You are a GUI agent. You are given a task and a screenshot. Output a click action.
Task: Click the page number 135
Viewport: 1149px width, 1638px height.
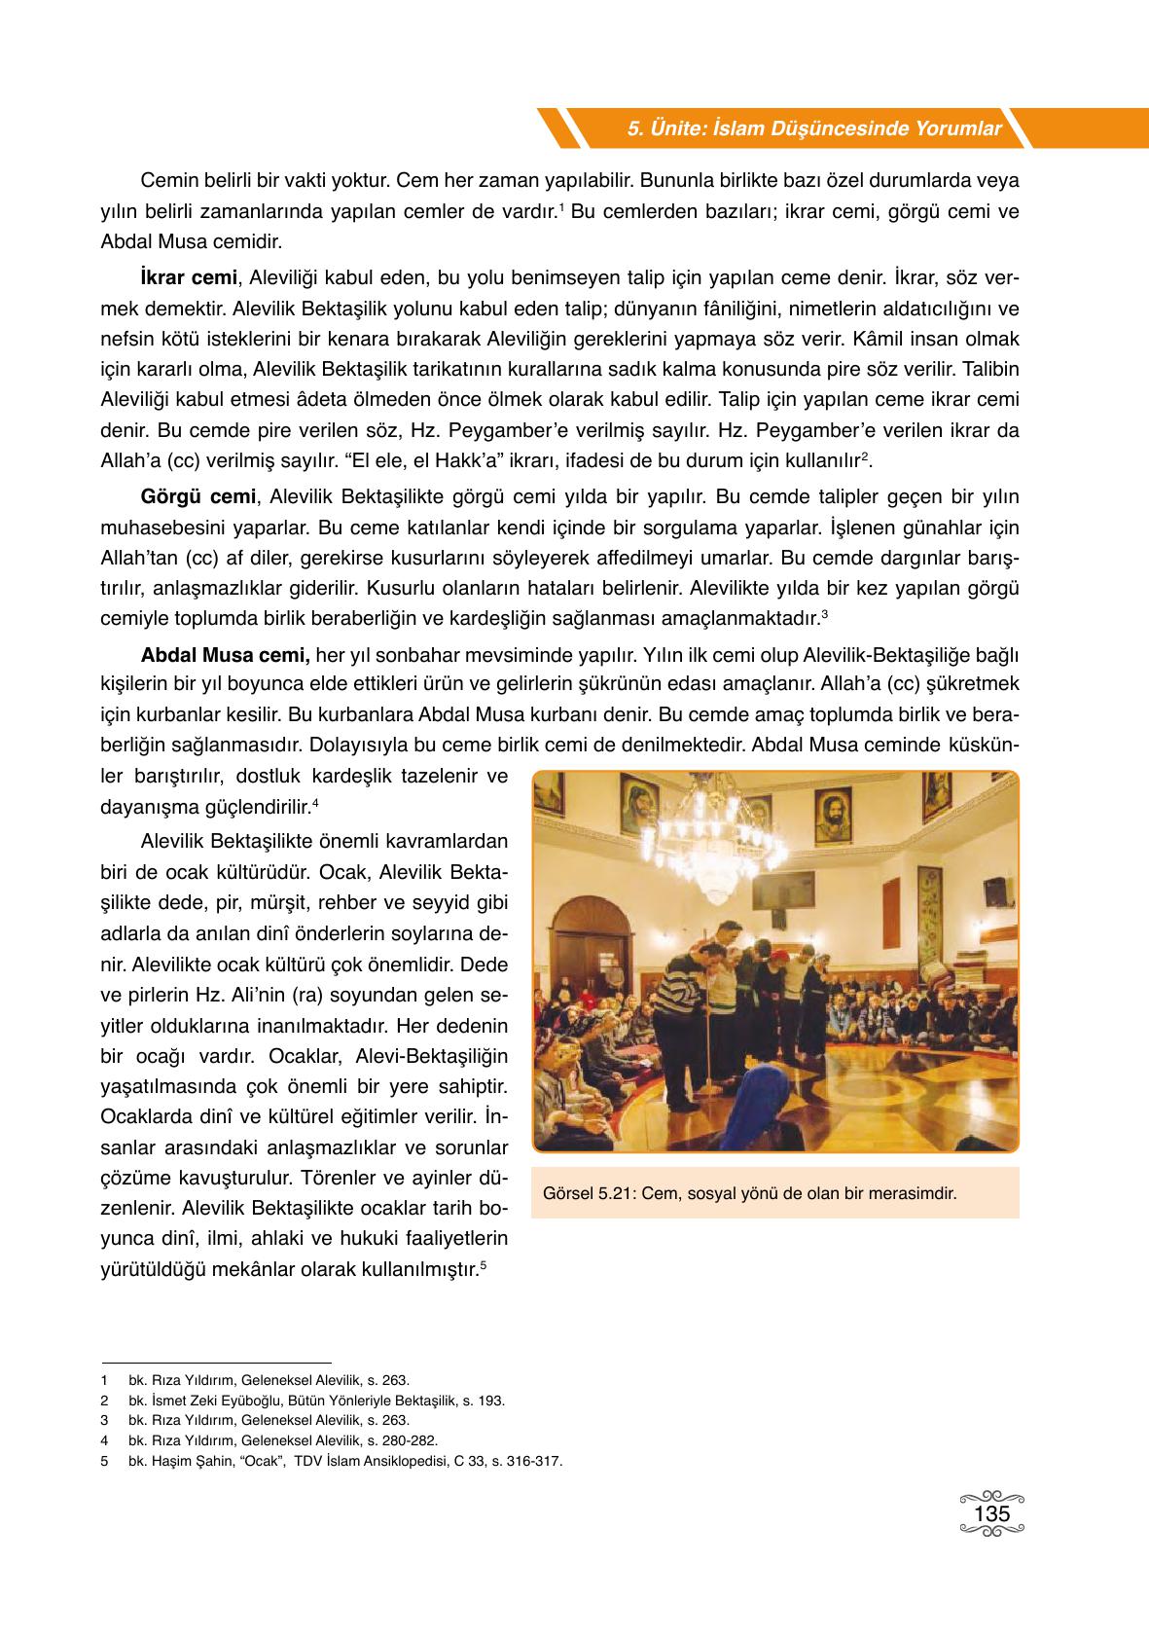[991, 1514]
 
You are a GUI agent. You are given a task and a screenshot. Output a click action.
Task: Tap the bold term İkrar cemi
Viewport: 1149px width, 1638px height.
[189, 278]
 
